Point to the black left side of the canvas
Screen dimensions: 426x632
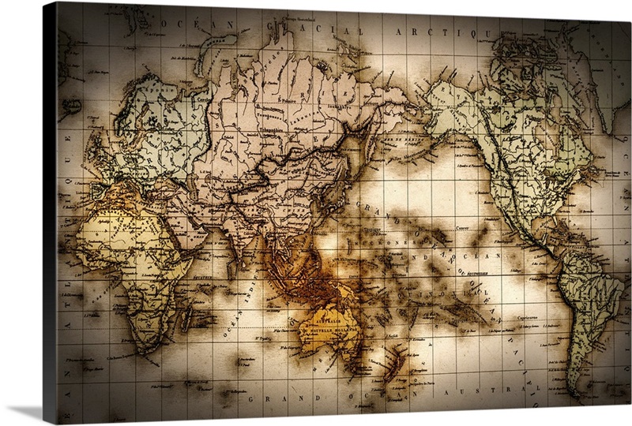click(49, 213)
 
